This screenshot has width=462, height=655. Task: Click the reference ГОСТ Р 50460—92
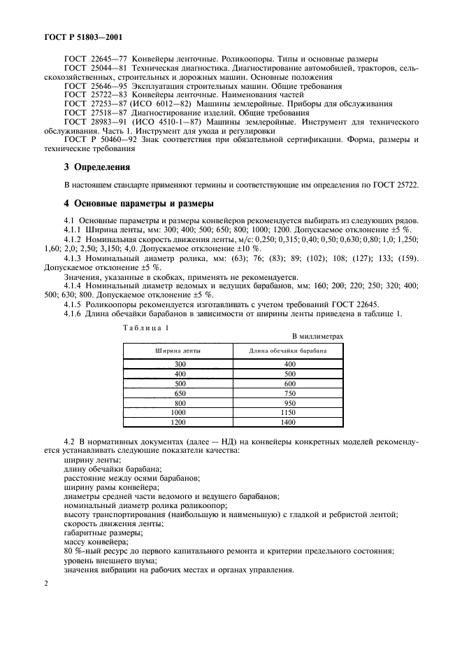click(x=94, y=139)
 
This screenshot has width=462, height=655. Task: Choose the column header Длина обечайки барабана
click(x=285, y=351)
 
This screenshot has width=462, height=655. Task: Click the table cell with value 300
click(x=180, y=364)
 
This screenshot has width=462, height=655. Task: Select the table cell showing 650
click(x=180, y=393)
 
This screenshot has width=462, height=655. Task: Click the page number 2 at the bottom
click(x=45, y=582)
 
